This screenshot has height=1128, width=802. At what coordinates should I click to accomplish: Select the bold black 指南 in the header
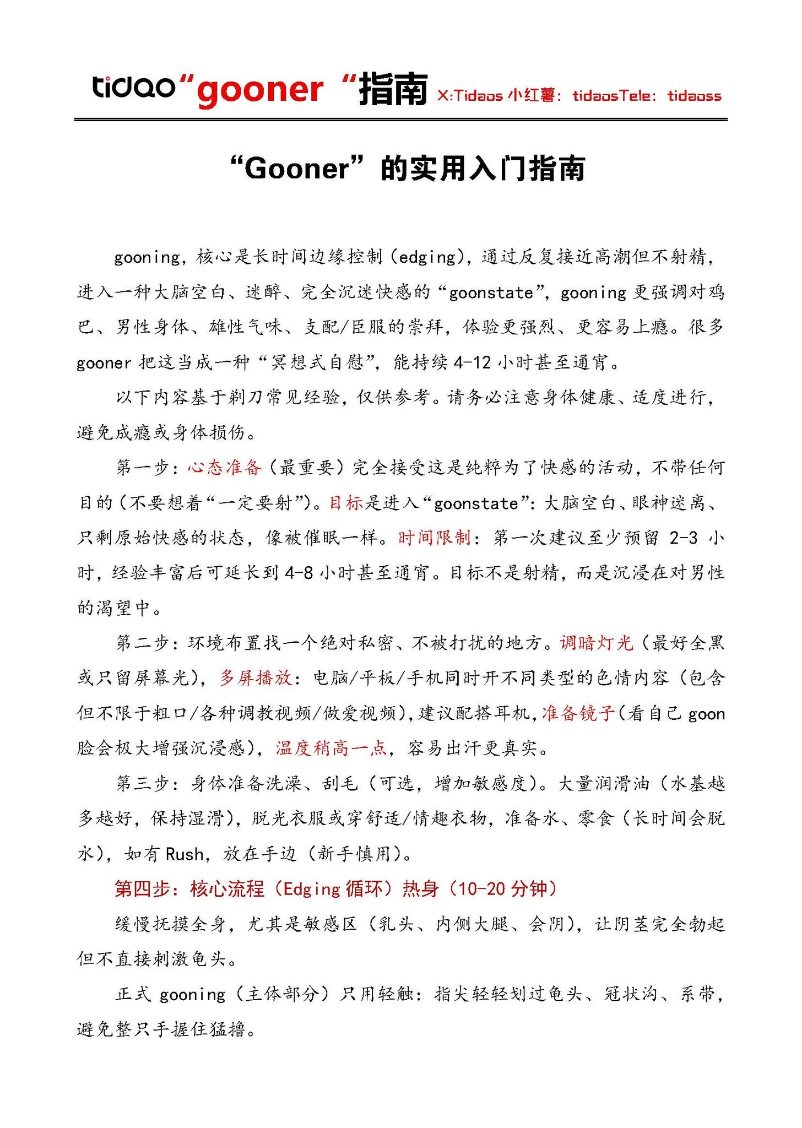pyautogui.click(x=393, y=89)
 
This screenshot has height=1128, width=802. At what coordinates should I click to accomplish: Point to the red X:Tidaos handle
pyautogui.click(x=470, y=96)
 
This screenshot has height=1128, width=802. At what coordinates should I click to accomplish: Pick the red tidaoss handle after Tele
pyautogui.click(x=694, y=96)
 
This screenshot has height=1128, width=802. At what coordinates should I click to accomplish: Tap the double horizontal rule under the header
pyautogui.click(x=400, y=119)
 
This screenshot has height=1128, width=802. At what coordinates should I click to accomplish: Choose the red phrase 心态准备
pyautogui.click(x=224, y=468)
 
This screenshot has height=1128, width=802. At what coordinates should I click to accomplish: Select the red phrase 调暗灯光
pyautogui.click(x=597, y=643)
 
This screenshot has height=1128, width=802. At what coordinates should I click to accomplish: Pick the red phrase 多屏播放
pyautogui.click(x=256, y=678)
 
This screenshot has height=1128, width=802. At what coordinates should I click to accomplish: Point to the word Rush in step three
pyautogui.click(x=185, y=854)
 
